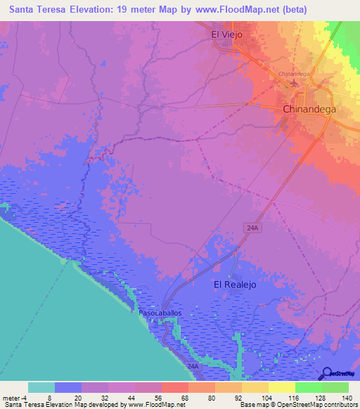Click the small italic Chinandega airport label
tap(294, 73)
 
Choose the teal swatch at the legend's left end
tap(41, 387)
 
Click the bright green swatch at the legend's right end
tap(335, 387)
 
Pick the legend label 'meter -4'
tap(15, 397)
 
